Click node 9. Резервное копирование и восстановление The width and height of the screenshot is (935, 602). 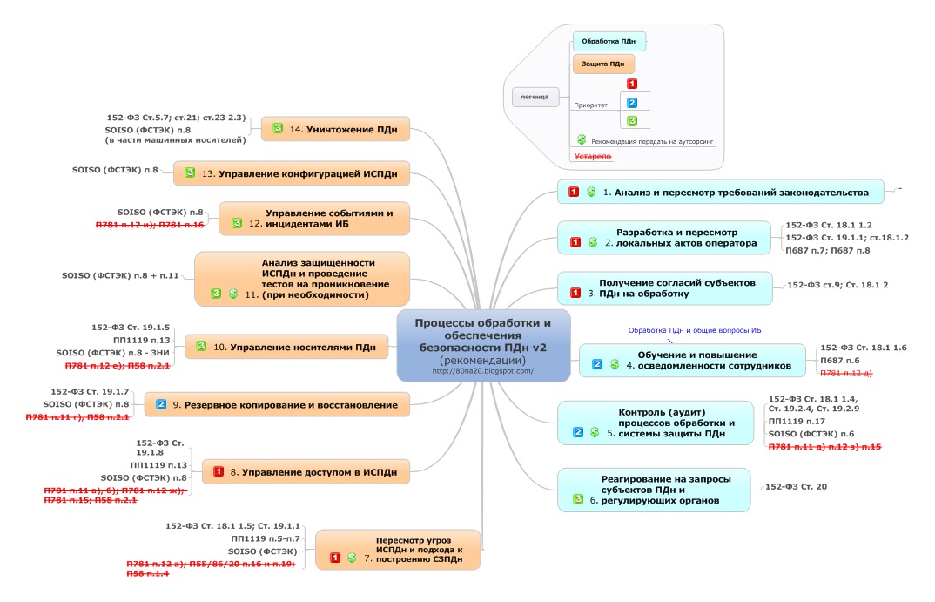pos(277,404)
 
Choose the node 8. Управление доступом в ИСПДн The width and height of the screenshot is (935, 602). pos(306,472)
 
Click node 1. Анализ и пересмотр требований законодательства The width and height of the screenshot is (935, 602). pos(720,192)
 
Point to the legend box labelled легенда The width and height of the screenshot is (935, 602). pos(535,96)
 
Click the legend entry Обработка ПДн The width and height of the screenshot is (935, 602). pos(609,41)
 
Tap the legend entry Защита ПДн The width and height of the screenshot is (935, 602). pos(602,64)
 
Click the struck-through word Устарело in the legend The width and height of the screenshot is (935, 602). pos(592,156)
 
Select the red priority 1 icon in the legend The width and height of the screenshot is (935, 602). pos(633,85)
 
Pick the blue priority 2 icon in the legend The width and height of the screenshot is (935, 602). pos(633,103)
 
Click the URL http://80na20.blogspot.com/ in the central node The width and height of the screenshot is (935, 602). pos(483,371)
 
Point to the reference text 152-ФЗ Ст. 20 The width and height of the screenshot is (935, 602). pos(796,486)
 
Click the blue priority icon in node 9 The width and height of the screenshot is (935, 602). pos(161,404)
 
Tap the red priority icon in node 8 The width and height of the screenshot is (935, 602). pos(219,472)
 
